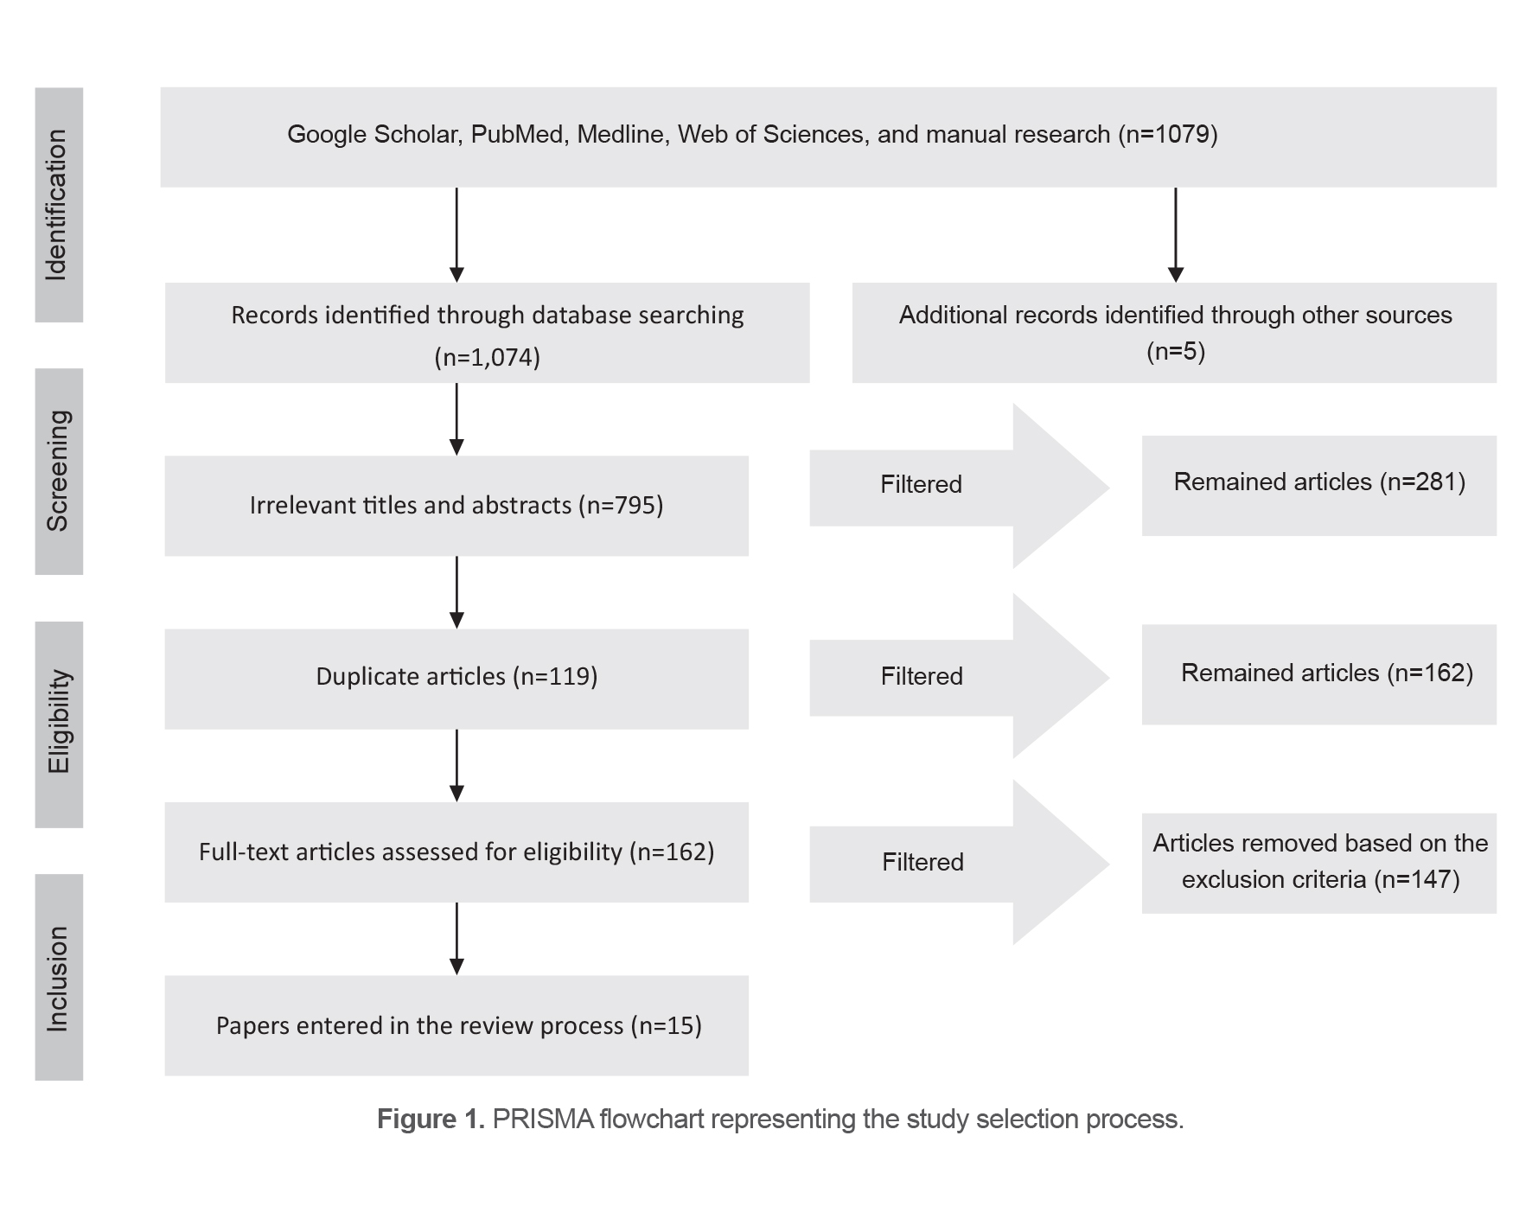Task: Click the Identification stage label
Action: [58, 205]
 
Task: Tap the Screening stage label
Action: [58, 471]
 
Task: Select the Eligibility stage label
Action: [58, 724]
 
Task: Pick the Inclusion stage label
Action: [58, 977]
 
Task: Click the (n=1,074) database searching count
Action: [487, 357]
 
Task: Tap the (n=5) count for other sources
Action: [1175, 352]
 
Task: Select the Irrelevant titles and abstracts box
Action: [456, 506]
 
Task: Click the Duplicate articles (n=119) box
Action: [456, 678]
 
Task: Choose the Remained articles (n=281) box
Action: [1318, 484]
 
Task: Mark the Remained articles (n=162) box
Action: [1318, 674]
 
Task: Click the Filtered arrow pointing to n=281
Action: [951, 485]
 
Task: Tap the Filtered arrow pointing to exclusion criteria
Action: [951, 862]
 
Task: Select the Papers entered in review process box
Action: [456, 1026]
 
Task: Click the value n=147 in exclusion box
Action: [1420, 880]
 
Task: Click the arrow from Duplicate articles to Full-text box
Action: [456, 765]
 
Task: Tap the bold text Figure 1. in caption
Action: [430, 1120]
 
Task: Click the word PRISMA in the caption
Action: [543, 1120]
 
